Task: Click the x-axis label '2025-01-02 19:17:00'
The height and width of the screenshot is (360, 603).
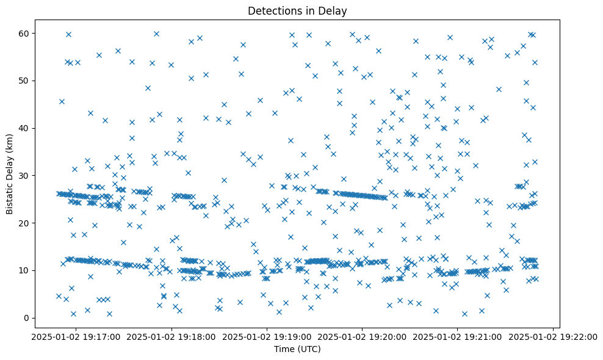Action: click(76, 336)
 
